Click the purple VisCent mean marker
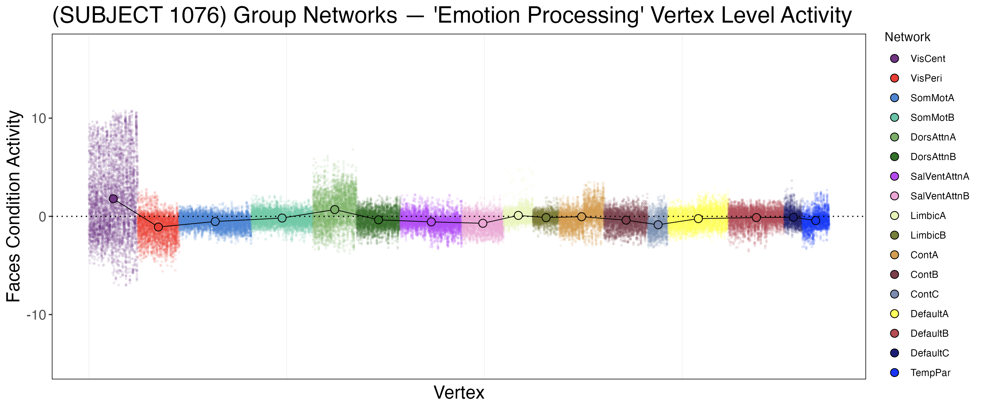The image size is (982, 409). (x=113, y=199)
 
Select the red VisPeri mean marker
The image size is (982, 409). (x=158, y=227)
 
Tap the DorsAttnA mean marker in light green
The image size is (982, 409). (x=335, y=210)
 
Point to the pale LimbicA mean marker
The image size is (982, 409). (x=518, y=215)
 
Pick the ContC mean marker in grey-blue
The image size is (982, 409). (x=658, y=225)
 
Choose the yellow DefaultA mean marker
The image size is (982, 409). (x=698, y=218)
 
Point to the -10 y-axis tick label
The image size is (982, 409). (x=36, y=315)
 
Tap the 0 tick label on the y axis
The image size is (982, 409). (x=42, y=217)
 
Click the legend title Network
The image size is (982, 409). (x=907, y=37)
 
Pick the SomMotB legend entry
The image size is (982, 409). (x=932, y=118)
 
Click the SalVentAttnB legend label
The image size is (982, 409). (x=939, y=196)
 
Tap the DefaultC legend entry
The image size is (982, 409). (x=929, y=353)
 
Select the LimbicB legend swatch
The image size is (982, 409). (x=894, y=235)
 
